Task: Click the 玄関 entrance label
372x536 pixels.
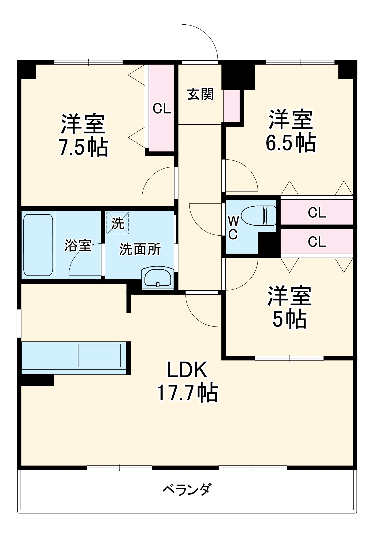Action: (x=200, y=94)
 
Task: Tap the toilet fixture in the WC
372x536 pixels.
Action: (x=259, y=215)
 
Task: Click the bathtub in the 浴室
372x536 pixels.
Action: (x=38, y=245)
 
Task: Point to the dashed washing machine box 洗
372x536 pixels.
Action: (x=118, y=223)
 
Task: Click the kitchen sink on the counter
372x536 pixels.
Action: (x=99, y=355)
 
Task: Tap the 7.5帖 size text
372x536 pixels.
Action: (x=83, y=148)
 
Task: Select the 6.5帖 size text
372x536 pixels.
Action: (x=291, y=143)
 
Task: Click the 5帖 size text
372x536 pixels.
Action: (x=289, y=319)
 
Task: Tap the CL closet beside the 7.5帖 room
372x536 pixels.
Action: (x=162, y=109)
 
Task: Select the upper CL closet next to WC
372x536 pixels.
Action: (x=317, y=213)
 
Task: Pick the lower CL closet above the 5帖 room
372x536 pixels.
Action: (x=317, y=242)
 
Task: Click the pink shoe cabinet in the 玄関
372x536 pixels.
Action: (x=232, y=106)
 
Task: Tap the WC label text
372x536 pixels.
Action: (x=233, y=228)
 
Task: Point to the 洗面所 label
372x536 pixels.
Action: (x=140, y=249)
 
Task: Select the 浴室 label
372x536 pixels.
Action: (x=78, y=245)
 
